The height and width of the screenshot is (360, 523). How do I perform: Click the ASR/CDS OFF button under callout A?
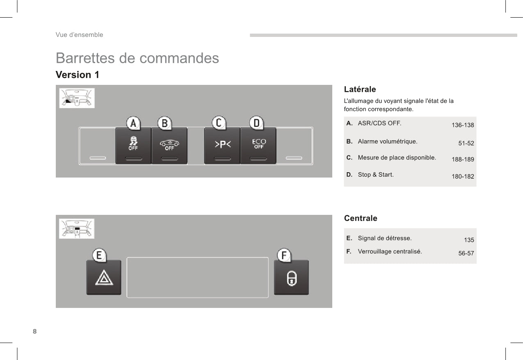[x=133, y=146]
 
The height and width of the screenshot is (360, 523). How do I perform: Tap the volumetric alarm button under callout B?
[x=169, y=146]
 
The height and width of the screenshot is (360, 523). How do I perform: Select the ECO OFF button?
[x=258, y=146]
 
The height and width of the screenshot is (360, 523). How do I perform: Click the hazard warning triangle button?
[x=104, y=278]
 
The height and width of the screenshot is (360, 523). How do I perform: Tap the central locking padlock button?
[x=291, y=278]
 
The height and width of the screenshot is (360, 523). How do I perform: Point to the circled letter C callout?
[x=219, y=123]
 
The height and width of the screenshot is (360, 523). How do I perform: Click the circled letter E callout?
[x=99, y=255]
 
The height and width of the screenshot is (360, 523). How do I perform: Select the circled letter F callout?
[x=284, y=255]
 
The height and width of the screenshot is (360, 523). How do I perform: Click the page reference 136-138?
[x=463, y=125]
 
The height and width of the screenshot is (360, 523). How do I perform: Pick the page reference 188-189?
[x=463, y=159]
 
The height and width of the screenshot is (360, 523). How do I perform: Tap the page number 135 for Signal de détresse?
[x=469, y=240]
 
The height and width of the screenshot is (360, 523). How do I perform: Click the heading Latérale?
[x=360, y=89]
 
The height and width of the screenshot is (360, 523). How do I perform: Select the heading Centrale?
[x=361, y=218]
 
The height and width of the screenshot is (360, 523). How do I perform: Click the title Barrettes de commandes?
[x=137, y=58]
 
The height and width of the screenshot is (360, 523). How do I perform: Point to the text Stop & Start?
[x=376, y=175]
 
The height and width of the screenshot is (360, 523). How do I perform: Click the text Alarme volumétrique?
[x=388, y=141]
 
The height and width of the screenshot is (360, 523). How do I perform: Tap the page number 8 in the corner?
[x=35, y=331]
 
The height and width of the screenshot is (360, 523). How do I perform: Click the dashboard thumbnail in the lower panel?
[x=77, y=229]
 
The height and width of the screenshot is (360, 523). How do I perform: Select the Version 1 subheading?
[x=78, y=75]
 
